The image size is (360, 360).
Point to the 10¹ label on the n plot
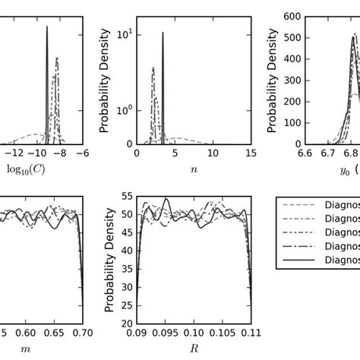[x=124, y=34]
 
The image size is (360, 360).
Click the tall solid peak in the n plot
[x=163, y=46]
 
